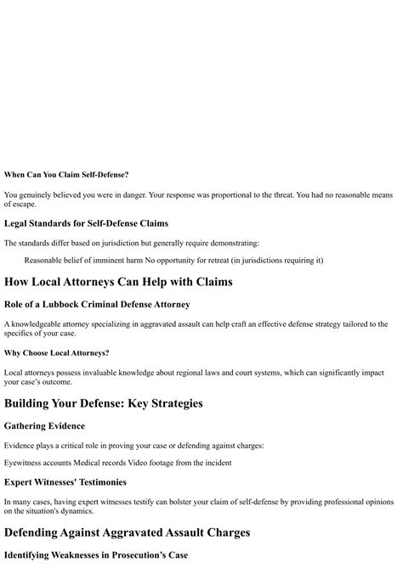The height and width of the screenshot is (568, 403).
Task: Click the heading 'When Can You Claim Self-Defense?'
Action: tap(66, 174)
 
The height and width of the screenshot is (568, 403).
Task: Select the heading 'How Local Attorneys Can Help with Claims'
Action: tap(118, 281)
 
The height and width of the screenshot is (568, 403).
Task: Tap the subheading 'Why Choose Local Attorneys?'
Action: tap(56, 352)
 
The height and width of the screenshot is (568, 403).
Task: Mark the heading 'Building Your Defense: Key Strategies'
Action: tap(104, 403)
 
